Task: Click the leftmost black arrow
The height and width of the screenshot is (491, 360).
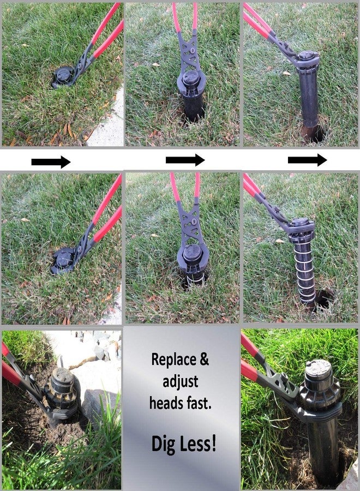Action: (x=51, y=162)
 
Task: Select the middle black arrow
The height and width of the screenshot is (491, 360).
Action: (x=185, y=160)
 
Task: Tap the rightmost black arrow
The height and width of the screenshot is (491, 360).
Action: (x=307, y=160)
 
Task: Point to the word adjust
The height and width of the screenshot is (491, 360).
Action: (x=181, y=381)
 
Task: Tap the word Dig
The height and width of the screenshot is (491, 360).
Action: (x=163, y=444)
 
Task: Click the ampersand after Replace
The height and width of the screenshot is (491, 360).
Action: (x=204, y=360)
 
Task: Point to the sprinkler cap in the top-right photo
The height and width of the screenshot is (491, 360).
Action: (x=306, y=56)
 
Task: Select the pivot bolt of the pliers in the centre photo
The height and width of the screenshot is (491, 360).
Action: (x=194, y=221)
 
